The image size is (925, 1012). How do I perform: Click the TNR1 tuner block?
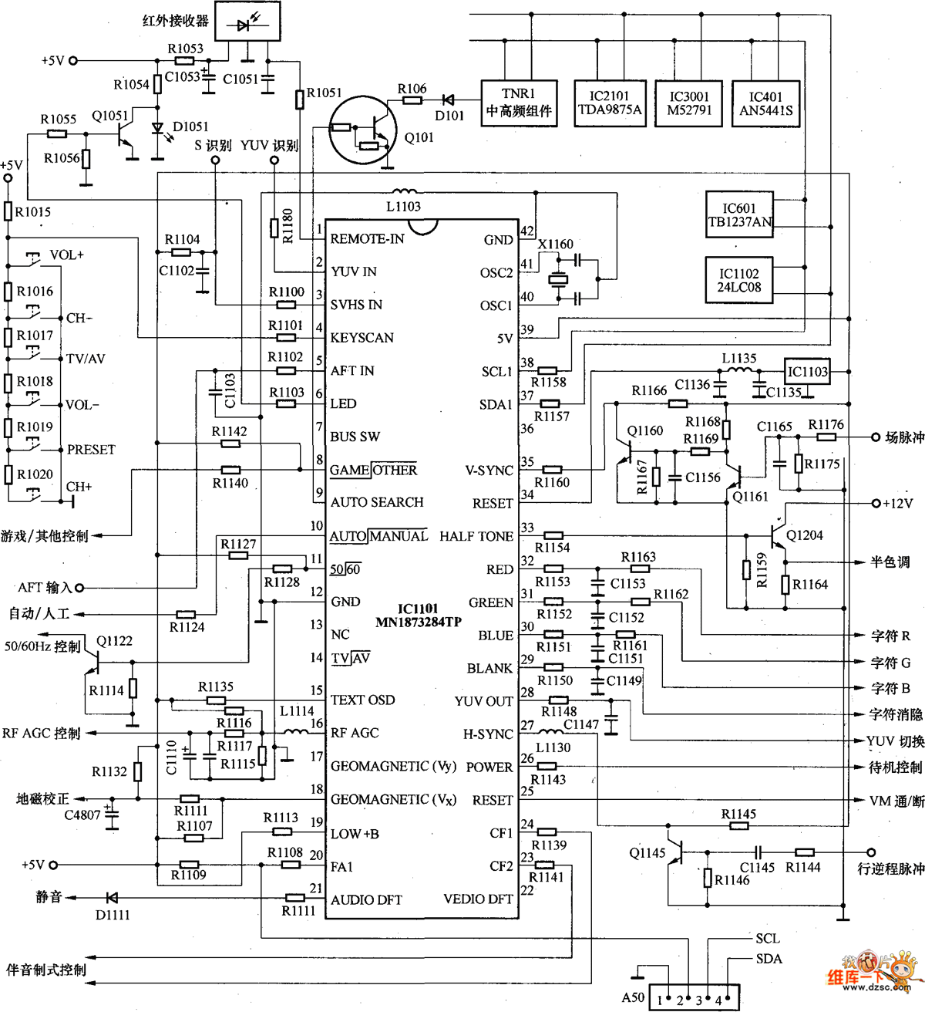coord(519,103)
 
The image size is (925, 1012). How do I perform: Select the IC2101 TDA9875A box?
coord(610,103)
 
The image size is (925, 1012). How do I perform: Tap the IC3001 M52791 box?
coord(689,103)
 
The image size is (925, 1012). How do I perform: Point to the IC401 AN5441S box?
coord(765,103)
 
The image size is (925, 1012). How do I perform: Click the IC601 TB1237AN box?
coord(739,215)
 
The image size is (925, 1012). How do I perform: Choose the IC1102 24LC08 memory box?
coord(739,280)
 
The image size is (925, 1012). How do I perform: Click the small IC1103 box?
coord(807,372)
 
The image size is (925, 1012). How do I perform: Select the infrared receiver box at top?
coord(247,22)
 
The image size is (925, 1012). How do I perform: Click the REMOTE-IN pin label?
coord(367,239)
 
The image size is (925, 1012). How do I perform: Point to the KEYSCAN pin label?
coord(362,338)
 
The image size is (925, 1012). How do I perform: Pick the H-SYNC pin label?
coord(488,734)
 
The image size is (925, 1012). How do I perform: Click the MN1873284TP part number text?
coord(418,622)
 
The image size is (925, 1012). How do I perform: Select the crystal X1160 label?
coord(556,245)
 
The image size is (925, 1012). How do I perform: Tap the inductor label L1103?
coord(403,206)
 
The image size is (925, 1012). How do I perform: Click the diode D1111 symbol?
coord(112,897)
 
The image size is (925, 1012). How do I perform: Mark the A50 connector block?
coord(694,998)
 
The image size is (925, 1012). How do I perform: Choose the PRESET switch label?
coord(91,450)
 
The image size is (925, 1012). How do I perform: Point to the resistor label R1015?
coord(33,212)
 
